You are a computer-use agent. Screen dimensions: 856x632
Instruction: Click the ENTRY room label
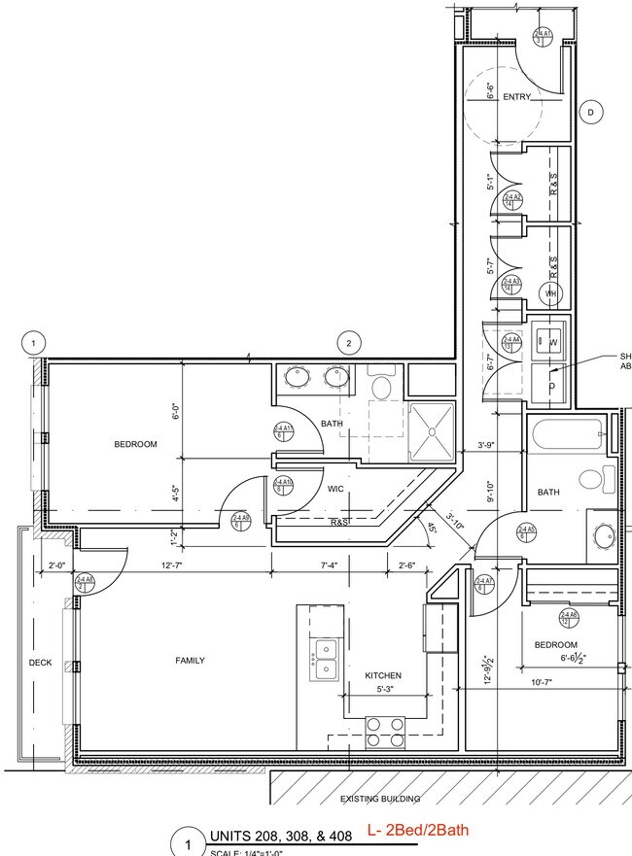(x=515, y=97)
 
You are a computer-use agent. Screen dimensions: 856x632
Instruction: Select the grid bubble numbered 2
(x=349, y=343)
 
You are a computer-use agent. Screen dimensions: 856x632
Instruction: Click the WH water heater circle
(x=549, y=292)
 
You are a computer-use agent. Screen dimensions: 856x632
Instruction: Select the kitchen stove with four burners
(x=385, y=732)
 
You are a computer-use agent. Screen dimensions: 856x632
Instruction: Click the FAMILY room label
(x=190, y=661)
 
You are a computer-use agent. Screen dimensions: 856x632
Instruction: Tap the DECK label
(x=40, y=663)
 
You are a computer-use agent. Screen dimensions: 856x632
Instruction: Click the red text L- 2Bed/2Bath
(x=417, y=832)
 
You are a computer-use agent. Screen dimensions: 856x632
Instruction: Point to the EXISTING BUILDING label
(x=379, y=800)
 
